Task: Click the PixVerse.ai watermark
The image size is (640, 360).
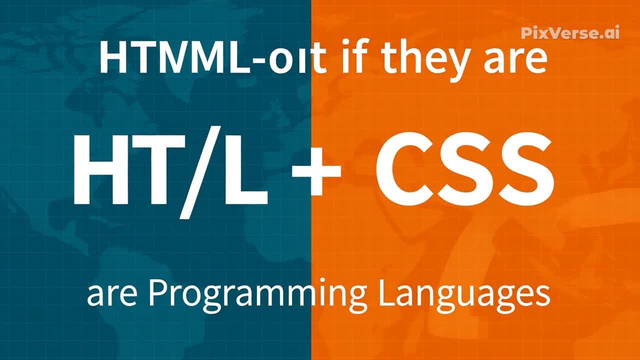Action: point(570,33)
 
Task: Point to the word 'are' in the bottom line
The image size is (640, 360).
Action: point(112,296)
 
